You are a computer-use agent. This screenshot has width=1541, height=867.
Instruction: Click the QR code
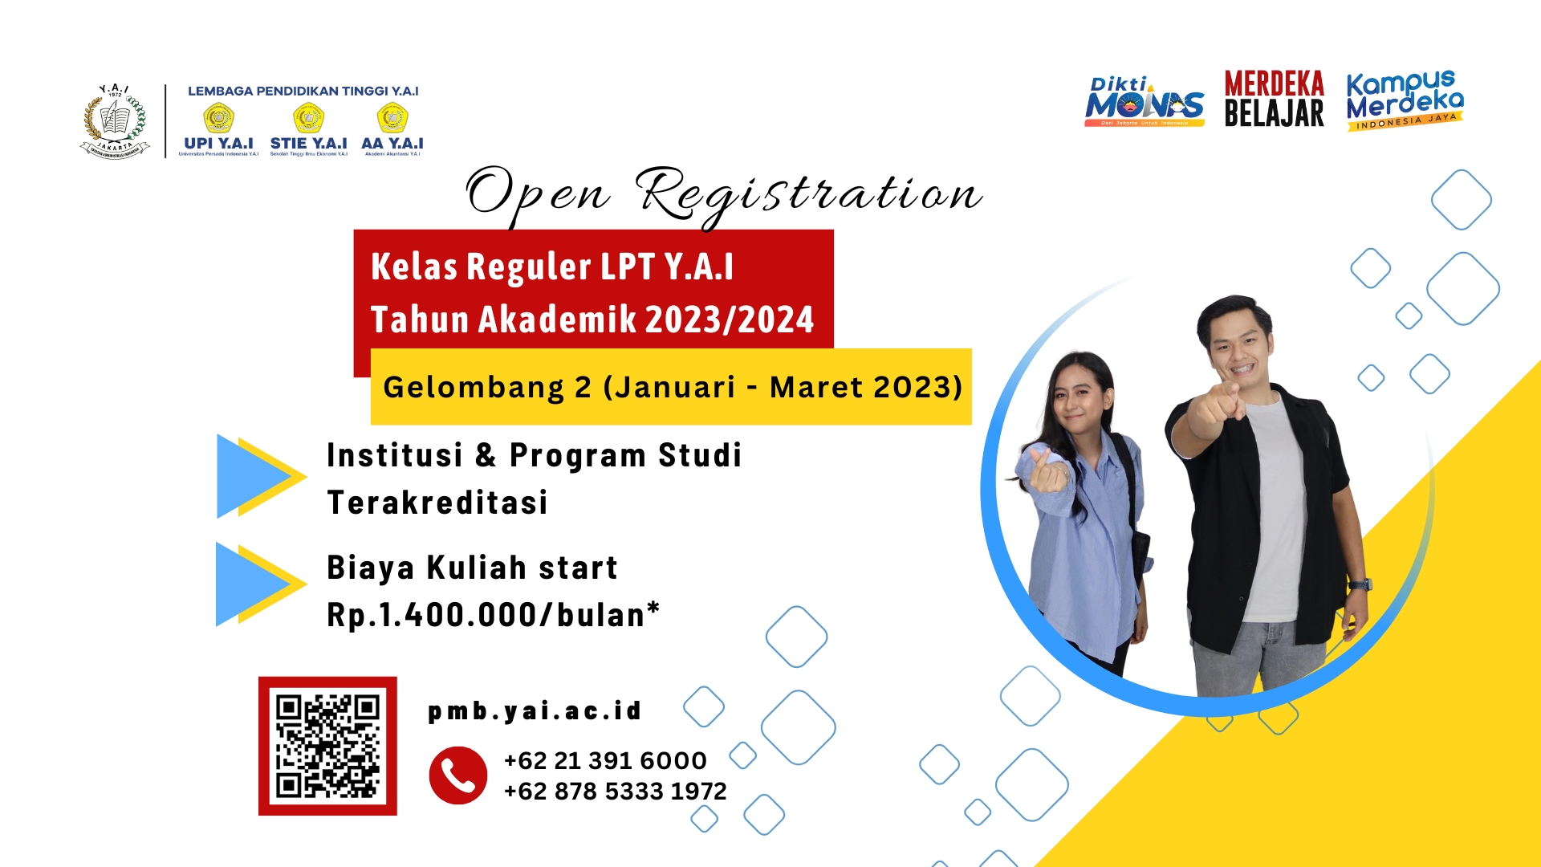(x=327, y=746)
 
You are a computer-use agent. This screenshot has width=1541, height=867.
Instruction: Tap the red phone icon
(x=457, y=775)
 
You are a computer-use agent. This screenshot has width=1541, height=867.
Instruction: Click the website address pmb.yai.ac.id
(x=535, y=710)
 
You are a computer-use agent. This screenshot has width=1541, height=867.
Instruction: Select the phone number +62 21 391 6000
(x=605, y=760)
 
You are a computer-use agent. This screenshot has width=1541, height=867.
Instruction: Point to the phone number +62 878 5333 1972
(x=615, y=792)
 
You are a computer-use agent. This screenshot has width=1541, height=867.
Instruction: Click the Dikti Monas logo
(x=1144, y=103)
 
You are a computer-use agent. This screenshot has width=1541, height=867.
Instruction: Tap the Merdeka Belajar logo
(x=1274, y=100)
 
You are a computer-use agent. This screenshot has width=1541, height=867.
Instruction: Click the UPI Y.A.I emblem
(x=218, y=119)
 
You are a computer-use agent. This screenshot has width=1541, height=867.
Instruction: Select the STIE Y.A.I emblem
(x=308, y=119)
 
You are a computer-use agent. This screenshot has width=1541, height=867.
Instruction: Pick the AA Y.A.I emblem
(x=392, y=119)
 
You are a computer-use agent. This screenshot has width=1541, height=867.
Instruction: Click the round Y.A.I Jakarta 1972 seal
(x=115, y=121)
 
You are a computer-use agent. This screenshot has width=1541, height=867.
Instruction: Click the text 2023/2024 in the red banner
(x=730, y=320)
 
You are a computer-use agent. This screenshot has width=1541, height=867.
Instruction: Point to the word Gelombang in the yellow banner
(x=474, y=387)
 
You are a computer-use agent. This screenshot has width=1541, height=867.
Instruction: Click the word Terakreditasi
(x=437, y=503)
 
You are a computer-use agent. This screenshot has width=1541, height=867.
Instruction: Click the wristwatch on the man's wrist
(x=1360, y=584)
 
